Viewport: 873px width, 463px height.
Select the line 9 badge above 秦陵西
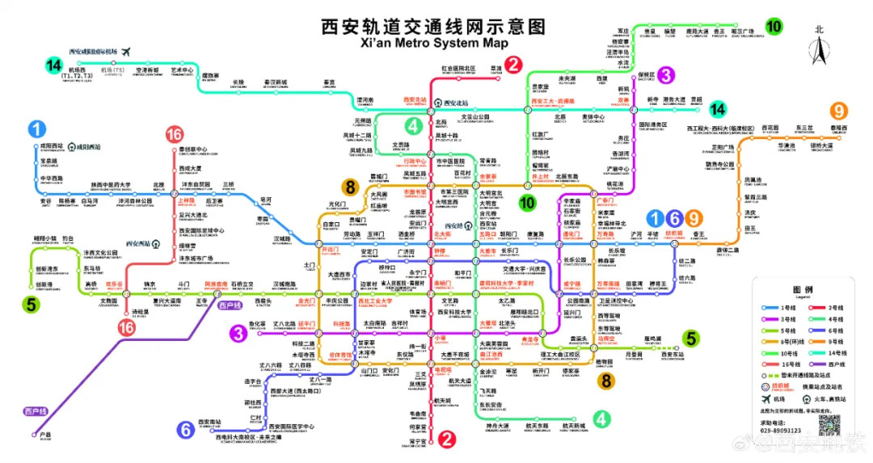click(x=841, y=112)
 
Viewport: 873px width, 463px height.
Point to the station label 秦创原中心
click(x=193, y=150)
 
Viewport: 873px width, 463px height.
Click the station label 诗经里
click(x=141, y=311)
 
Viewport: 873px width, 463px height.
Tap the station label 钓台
click(x=68, y=239)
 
